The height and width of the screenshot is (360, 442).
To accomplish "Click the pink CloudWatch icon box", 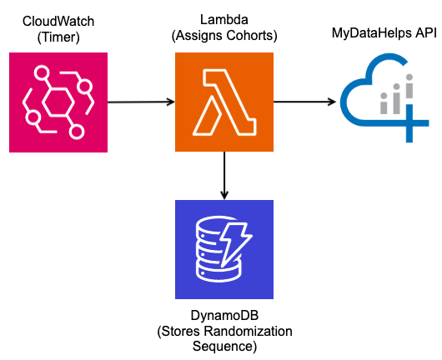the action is tap(58, 102).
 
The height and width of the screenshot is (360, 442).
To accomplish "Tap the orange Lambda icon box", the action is tap(224, 102).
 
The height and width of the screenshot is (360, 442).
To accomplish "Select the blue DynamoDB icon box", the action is tap(224, 249).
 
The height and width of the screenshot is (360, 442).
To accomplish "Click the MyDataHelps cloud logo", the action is tap(384, 97).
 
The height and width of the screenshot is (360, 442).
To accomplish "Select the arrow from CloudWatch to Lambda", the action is tap(141, 102).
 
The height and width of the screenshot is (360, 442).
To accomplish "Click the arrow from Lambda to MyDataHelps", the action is tap(304, 102).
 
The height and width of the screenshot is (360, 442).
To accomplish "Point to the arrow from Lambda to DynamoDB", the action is tap(224, 176).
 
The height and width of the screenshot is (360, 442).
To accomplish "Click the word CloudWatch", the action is tap(58, 22).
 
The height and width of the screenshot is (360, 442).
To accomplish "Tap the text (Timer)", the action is tap(58, 37).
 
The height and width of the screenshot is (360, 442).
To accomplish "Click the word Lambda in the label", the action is tap(224, 20).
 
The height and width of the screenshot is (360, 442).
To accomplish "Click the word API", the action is tap(426, 32).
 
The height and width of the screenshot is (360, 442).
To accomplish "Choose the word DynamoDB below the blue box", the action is tap(224, 316).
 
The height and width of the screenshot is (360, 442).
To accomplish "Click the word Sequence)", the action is tap(224, 347).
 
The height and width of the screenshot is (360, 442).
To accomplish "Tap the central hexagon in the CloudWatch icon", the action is tap(58, 102).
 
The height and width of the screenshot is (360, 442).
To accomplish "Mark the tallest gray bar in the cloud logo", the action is tap(409, 87).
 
